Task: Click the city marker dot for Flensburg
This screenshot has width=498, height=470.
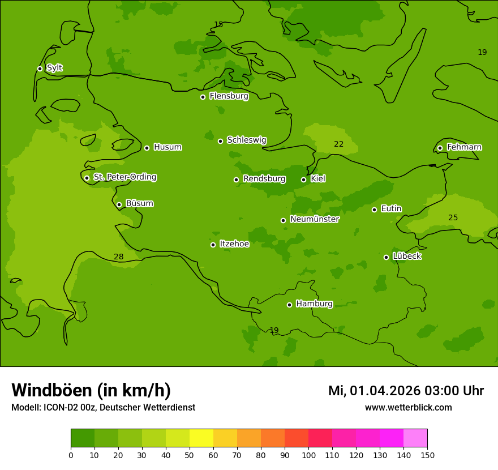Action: (203, 97)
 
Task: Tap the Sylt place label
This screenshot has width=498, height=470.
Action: (54, 68)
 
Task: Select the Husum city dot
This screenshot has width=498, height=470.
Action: (147, 148)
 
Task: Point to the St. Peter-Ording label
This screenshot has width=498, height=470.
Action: (124, 177)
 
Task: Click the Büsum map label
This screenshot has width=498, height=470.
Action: (139, 203)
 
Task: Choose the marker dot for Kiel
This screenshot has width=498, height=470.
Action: (303, 180)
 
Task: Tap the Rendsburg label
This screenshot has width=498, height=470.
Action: (264, 179)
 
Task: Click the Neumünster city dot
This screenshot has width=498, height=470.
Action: (283, 220)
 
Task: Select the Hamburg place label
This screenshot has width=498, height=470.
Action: (314, 304)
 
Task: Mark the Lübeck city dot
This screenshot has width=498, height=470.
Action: (386, 257)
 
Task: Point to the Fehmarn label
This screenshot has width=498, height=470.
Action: (464, 147)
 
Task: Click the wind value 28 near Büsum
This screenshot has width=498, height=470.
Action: (118, 257)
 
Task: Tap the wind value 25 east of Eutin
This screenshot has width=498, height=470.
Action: (453, 217)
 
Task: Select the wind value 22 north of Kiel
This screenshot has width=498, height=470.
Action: (338, 144)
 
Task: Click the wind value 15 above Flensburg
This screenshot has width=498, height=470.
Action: (218, 24)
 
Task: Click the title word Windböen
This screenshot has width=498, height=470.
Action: (51, 390)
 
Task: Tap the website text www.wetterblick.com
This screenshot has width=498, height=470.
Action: (408, 407)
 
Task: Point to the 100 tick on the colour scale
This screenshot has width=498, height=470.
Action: (308, 454)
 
